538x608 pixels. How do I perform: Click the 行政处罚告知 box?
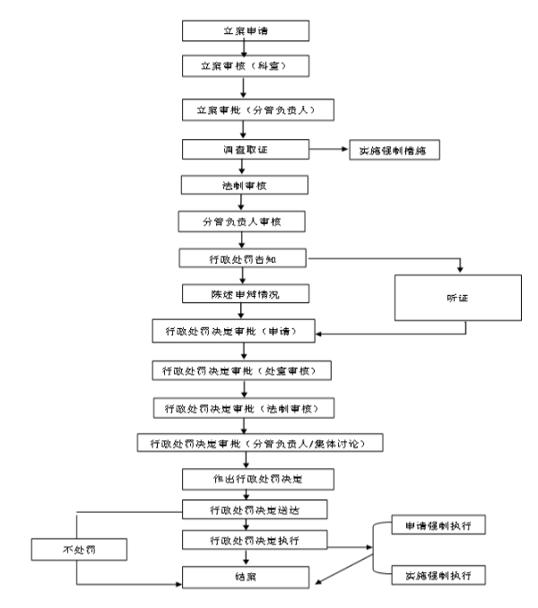pyautogui.click(x=244, y=258)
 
